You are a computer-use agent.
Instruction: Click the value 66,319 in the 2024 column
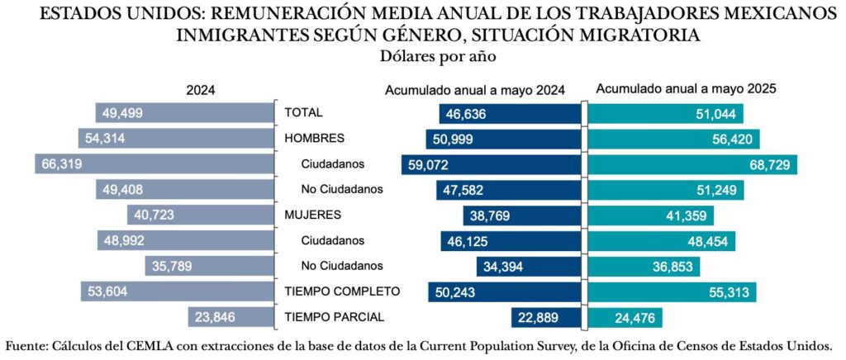(x=59, y=164)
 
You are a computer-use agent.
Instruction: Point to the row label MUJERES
(x=313, y=215)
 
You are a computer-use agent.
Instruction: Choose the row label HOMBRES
(x=315, y=138)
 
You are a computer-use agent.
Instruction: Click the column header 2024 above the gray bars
(x=201, y=92)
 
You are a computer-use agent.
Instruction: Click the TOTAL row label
(x=304, y=112)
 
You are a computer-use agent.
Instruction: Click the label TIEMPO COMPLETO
(x=342, y=291)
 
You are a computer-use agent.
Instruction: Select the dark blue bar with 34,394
(x=530, y=266)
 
